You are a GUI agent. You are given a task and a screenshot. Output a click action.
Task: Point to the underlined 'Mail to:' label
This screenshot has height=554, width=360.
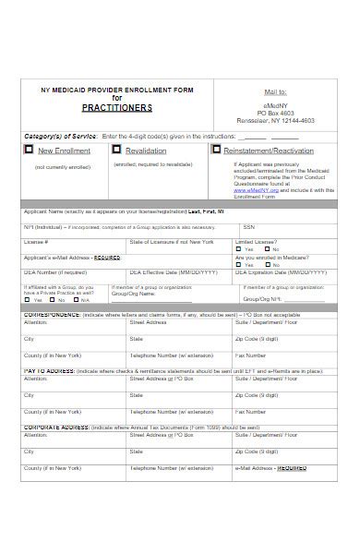point(276,92)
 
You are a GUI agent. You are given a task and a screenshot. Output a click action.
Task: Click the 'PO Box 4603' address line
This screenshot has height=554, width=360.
point(276,112)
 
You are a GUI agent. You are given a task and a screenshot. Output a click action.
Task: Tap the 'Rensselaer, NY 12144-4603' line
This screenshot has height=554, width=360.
point(276,120)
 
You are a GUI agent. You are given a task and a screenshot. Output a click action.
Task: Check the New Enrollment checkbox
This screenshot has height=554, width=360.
point(30,150)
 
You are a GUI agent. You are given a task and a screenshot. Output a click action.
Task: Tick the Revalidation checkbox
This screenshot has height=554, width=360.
point(116,150)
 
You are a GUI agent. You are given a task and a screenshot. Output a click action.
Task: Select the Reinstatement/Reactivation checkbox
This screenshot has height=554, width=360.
point(216,150)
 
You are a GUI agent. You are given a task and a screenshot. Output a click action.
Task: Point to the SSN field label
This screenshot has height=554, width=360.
point(248,227)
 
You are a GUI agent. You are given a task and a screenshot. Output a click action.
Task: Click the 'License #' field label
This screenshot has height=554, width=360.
point(36,241)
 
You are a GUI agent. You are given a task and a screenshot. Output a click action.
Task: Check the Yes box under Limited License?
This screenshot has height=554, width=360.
point(238,249)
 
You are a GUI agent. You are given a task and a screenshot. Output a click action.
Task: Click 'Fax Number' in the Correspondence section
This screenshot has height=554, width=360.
point(251,355)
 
